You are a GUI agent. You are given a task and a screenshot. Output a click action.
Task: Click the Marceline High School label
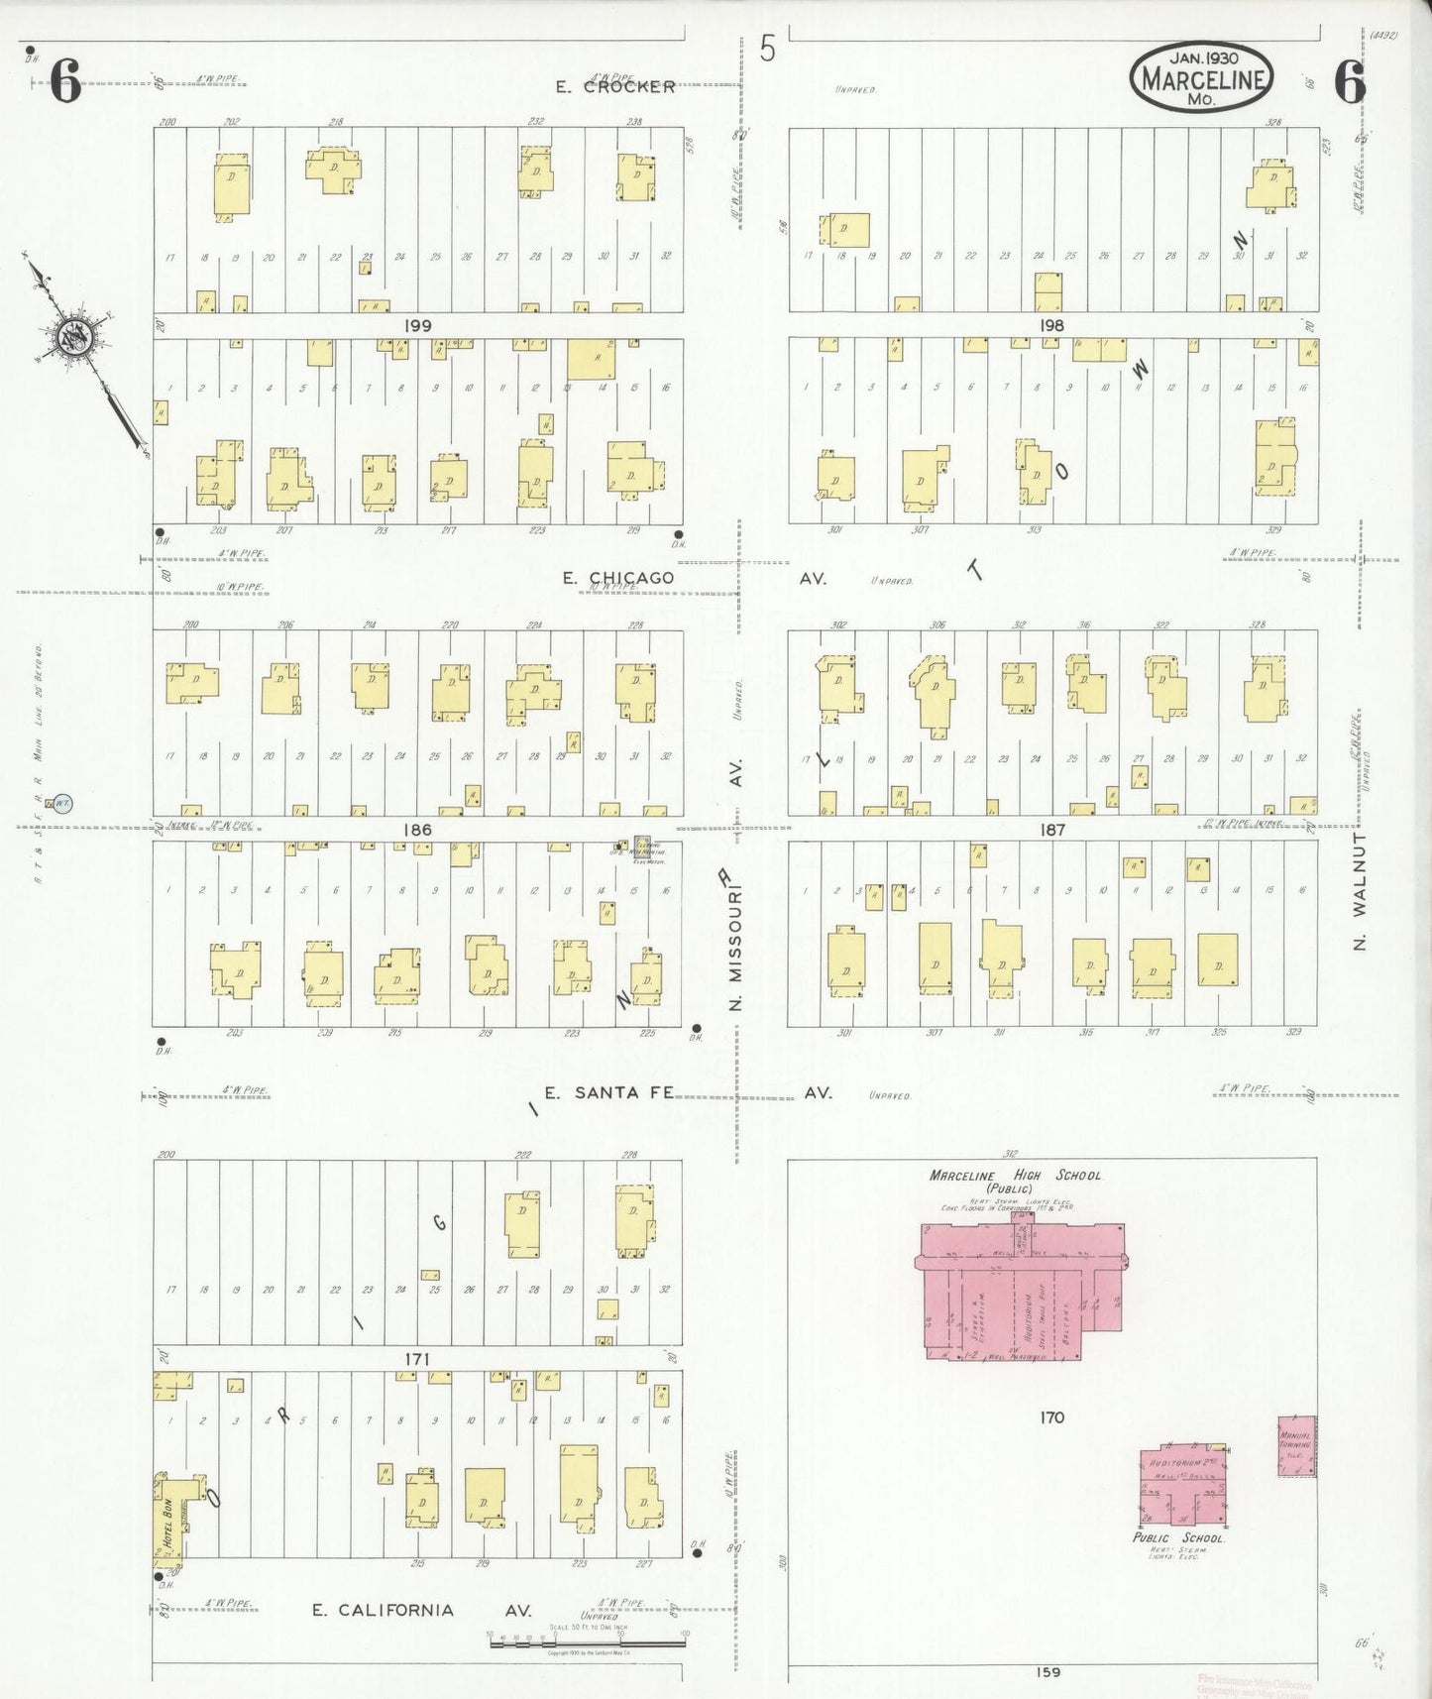(1015, 1176)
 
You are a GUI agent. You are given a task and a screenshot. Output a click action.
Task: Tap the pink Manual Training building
(1297, 1446)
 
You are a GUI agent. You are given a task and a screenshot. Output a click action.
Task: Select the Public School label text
(1179, 1537)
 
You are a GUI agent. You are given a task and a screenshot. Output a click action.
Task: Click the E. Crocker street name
(615, 86)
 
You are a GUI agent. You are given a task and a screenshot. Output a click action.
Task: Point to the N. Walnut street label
(1360, 892)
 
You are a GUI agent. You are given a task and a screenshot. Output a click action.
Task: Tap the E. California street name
(384, 1610)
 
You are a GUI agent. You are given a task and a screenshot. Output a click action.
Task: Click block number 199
(417, 325)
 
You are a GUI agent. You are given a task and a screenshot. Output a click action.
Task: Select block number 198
(1051, 325)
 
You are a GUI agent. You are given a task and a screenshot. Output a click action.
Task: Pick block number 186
(417, 829)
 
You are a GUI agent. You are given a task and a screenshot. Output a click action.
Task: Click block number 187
(1051, 829)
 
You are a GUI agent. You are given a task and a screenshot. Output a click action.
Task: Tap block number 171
(417, 1358)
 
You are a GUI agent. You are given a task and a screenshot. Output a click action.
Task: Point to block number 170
(1051, 1417)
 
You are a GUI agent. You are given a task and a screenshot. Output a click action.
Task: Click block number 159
(1047, 1672)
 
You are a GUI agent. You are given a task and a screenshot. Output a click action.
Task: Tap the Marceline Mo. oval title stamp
(1202, 75)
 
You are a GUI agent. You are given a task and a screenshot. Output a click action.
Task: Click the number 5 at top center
(768, 49)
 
